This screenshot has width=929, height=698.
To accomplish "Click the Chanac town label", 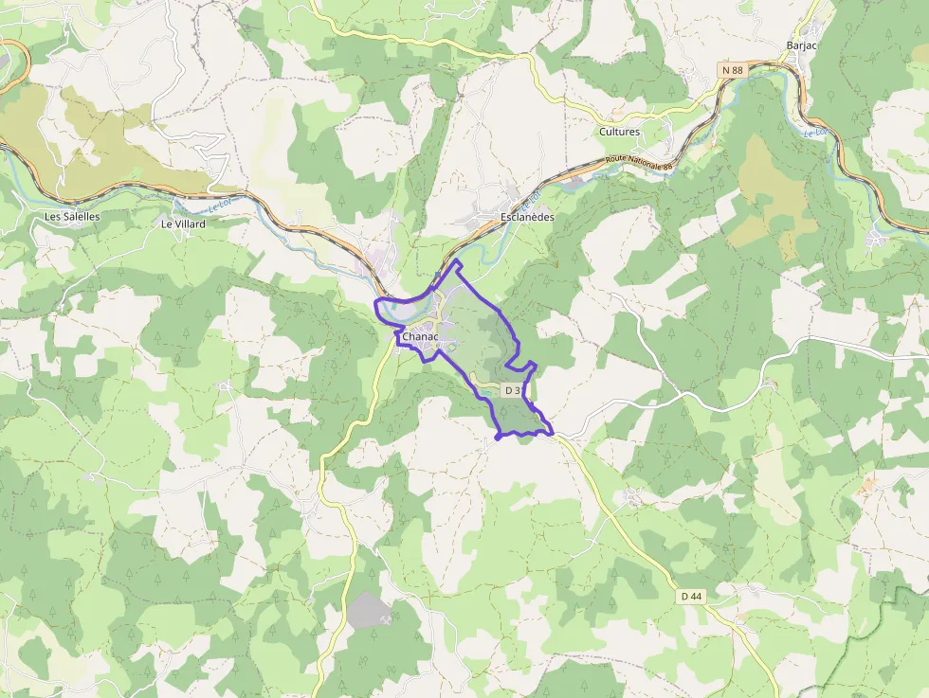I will click(x=420, y=336).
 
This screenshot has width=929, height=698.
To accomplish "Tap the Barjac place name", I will click(x=802, y=45).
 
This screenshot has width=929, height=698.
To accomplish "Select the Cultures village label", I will click(x=619, y=132).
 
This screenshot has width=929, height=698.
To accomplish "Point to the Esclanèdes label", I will click(x=527, y=217).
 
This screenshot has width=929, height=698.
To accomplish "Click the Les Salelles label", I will click(x=72, y=216).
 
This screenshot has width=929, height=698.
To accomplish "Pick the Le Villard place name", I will click(x=183, y=224).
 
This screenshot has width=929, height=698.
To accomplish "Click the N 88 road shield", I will click(x=731, y=70).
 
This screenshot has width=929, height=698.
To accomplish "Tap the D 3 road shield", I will click(x=512, y=390).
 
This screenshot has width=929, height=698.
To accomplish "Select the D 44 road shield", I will click(x=691, y=596).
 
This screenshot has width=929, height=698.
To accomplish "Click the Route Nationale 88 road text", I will click(x=639, y=158).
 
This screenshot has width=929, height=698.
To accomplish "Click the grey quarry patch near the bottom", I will click(x=368, y=610).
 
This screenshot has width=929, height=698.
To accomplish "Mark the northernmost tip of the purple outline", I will click(x=457, y=260).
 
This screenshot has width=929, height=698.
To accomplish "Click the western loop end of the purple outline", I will click(x=377, y=306).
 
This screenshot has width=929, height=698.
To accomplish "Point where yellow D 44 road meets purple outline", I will click(x=553, y=433).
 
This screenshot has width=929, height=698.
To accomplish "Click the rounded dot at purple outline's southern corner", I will click(x=499, y=437).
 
